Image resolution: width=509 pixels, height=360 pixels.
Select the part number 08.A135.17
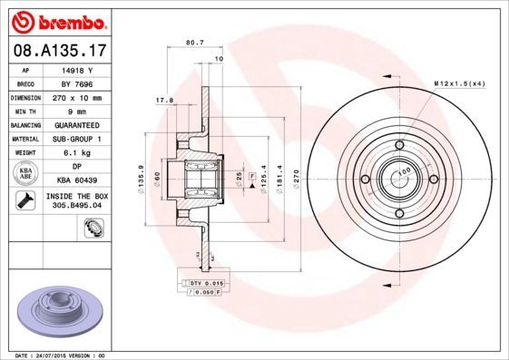57,51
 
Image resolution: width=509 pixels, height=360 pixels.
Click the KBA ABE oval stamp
27,174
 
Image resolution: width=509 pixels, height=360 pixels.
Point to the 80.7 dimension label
193,42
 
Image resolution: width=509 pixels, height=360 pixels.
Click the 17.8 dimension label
164,101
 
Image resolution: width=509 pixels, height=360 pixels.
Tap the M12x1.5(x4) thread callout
460,83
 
